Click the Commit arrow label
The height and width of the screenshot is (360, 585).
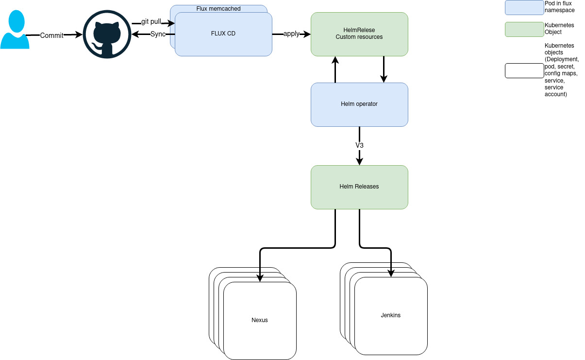point(51,35)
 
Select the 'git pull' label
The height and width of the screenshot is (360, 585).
point(151,22)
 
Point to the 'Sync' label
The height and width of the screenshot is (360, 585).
point(158,34)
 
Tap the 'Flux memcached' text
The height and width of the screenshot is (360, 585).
point(218,9)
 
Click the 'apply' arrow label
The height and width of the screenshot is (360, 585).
point(291,34)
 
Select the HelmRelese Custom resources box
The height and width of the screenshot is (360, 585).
point(359,34)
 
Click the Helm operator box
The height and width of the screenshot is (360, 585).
point(359,104)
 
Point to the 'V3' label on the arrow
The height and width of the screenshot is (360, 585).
point(359,145)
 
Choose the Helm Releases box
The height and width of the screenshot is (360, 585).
point(359,187)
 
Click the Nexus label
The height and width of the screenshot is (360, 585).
point(260,320)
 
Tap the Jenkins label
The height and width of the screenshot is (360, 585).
point(391,315)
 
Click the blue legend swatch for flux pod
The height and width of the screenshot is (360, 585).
point(524,7)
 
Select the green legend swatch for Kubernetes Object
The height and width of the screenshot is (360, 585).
point(524,29)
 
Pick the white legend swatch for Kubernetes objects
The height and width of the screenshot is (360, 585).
point(524,70)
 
